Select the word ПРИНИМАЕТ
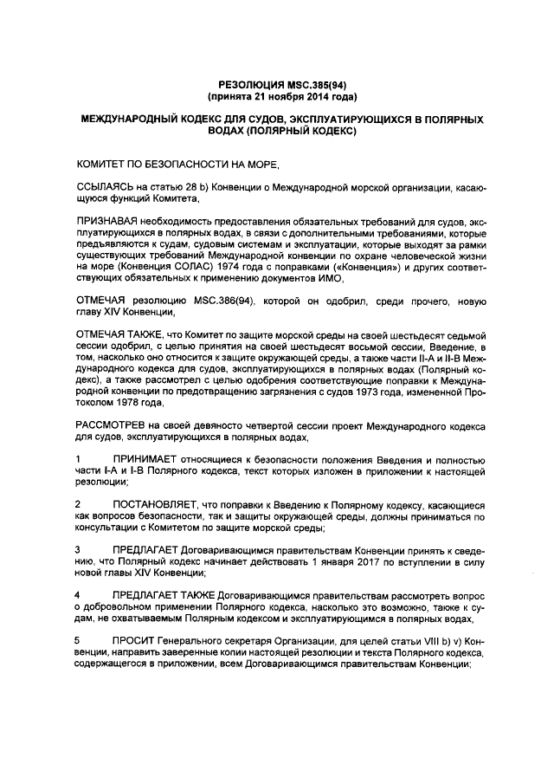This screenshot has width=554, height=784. pyautogui.click(x=145, y=458)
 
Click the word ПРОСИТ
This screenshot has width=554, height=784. pyautogui.click(x=132, y=641)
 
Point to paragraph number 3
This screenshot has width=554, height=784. pyautogui.click(x=79, y=550)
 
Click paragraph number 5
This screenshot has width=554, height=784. pyautogui.click(x=79, y=641)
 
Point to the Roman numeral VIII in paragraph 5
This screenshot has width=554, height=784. pyautogui.click(x=430, y=641)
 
